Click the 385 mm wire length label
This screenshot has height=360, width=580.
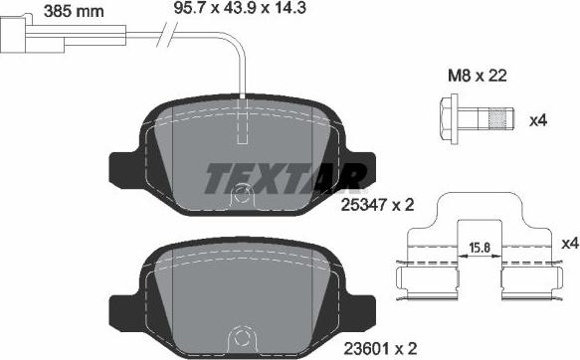coord(74,11)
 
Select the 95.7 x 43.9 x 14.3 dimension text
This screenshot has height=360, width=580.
coord(240,8)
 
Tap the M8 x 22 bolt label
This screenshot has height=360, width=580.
coord(478,76)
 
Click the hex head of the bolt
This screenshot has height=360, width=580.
coord(449,118)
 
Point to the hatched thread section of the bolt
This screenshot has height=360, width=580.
coord(497,118)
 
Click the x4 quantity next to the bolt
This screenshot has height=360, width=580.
coord(538,120)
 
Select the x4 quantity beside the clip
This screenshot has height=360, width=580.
coord(570,244)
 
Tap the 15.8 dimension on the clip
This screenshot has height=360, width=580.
coord(480,248)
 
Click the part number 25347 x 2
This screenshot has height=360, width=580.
coord(377,205)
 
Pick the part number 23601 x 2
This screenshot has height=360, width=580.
coord(381,348)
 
